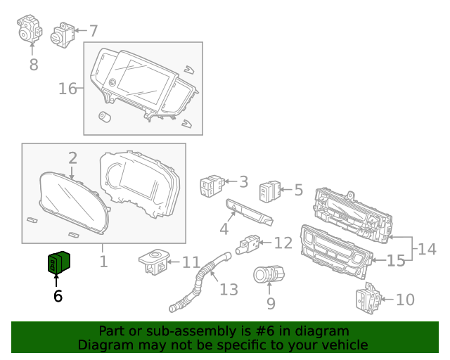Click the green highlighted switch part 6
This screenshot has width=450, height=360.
58,262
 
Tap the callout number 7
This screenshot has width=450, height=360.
93,31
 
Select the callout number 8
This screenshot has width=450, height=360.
33,65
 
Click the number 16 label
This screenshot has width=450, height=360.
67,89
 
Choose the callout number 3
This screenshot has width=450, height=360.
243,182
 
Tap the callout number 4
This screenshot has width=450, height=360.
224,229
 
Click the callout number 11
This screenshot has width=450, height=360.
191,262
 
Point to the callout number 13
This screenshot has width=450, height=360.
229,289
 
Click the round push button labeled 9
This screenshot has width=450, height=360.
270,275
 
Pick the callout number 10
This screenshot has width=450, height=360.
405,300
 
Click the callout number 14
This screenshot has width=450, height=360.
427,249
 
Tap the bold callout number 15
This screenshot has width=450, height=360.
396,261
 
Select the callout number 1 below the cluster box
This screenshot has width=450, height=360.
103,262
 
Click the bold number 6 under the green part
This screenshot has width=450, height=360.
58,297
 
